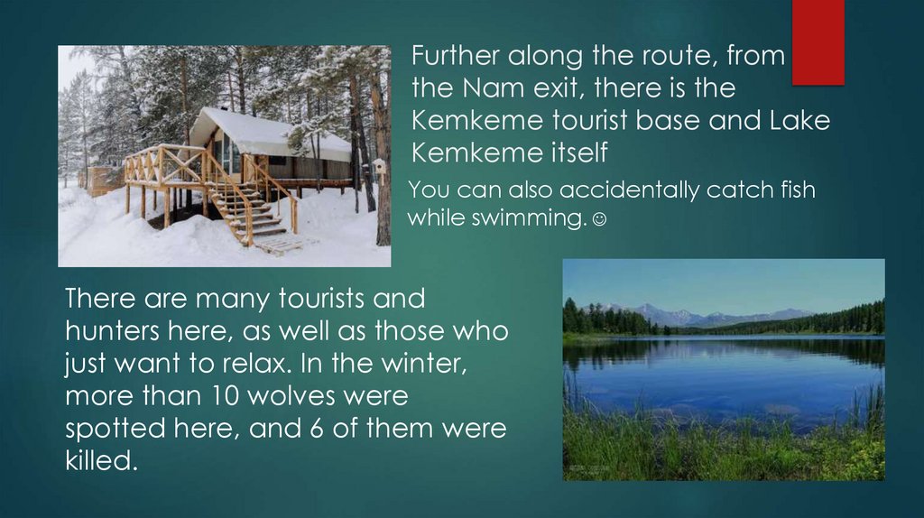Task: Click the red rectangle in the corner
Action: [818, 42]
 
